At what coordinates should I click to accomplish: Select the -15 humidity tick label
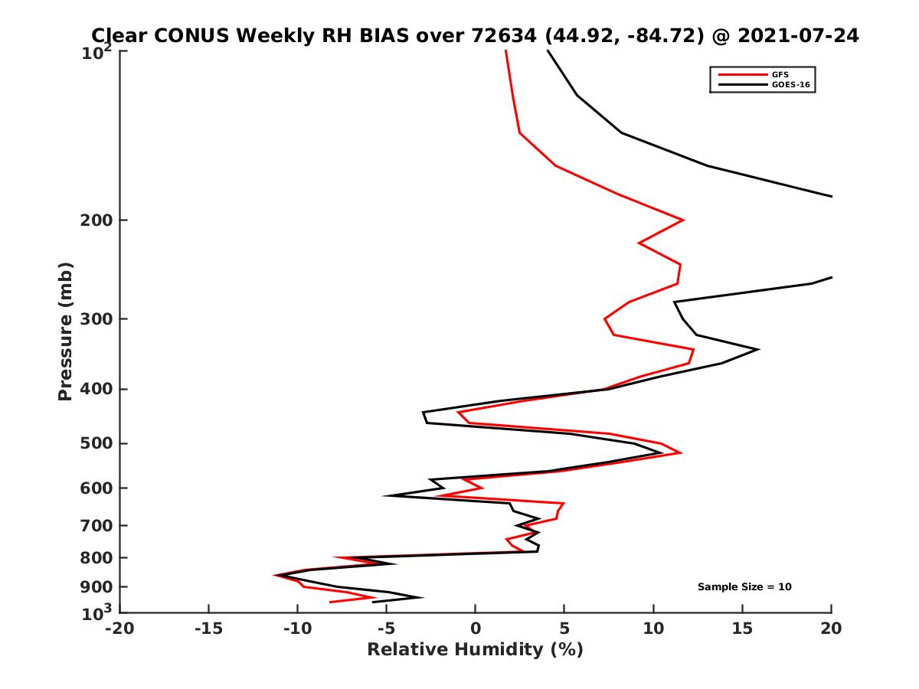coord(208,629)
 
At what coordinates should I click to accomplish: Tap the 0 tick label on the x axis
coord(476,629)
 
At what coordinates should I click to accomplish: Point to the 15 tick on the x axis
coord(742,629)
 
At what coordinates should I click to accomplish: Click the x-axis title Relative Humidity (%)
coord(475,650)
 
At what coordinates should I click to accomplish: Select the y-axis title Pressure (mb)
coord(65,331)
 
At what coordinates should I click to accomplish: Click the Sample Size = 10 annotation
coord(744,587)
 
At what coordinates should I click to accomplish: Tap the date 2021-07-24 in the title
coord(797,35)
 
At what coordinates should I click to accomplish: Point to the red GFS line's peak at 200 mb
coord(682,220)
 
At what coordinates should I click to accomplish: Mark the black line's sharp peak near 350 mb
coord(757,350)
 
